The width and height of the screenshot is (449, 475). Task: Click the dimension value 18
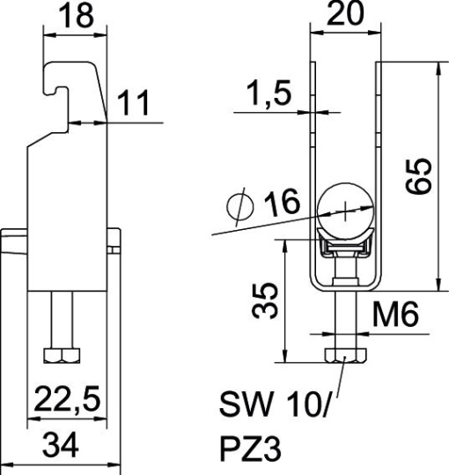[73, 17]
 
